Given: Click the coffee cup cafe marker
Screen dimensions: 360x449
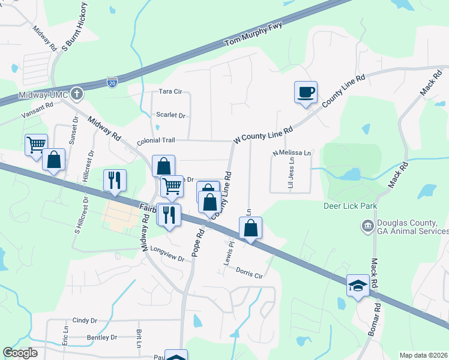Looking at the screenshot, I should click(306, 92).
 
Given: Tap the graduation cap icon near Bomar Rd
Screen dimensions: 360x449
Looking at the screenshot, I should click(358, 286).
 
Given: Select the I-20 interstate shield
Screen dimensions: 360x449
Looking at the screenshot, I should click(112, 82).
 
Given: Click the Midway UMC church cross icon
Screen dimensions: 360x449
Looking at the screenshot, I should click(76, 93).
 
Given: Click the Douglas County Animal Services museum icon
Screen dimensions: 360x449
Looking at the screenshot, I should click(367, 226).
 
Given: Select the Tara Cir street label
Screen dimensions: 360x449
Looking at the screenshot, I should click(170, 92).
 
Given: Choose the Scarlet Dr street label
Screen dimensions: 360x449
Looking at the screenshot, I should click(170, 115).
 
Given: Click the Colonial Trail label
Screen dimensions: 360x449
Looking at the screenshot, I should click(155, 140).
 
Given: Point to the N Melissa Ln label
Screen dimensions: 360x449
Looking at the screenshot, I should click(293, 154).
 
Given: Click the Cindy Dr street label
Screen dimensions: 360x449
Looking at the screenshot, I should click(85, 321).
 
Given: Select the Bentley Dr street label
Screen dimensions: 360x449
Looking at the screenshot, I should click(102, 338).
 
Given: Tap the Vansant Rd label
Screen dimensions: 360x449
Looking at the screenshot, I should click(37, 109).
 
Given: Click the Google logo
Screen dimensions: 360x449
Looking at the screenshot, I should click(20, 353).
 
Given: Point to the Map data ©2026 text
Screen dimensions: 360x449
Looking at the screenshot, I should click(424, 355).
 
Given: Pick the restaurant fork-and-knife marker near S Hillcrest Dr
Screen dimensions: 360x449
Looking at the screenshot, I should click(113, 179).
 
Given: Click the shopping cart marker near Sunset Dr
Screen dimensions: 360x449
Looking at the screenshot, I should click(36, 144).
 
